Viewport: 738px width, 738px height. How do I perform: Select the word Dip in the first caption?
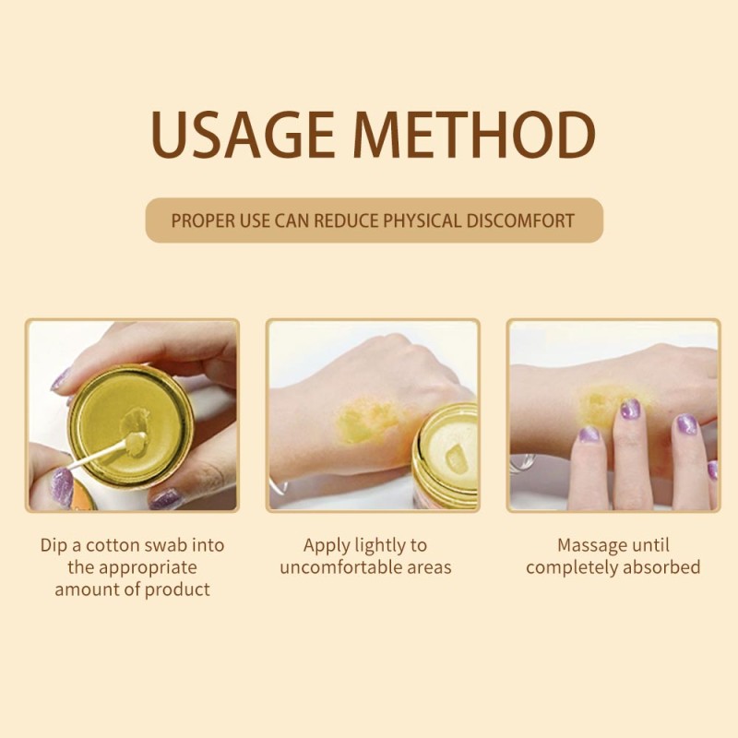coord(53,544)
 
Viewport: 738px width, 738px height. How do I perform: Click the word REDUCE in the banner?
coord(340,221)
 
